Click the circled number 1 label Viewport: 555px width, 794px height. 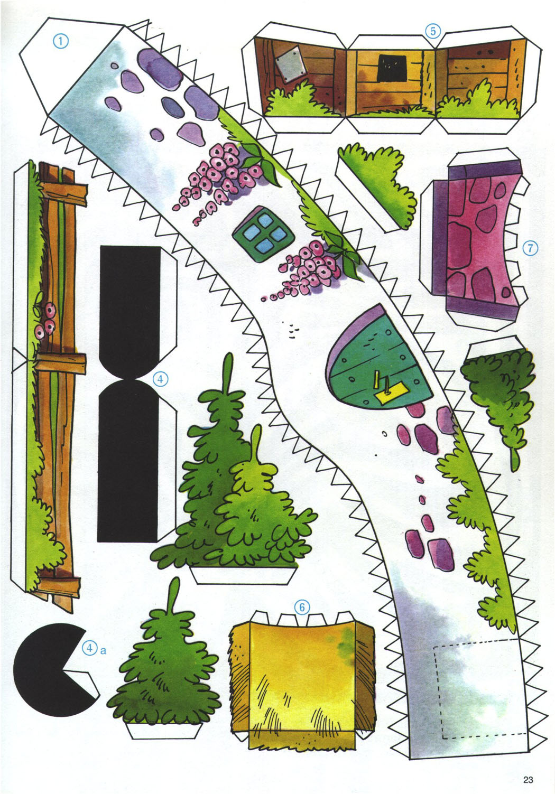click(x=61, y=41)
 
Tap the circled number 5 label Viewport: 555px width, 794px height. click(x=433, y=31)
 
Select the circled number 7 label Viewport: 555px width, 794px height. click(x=530, y=248)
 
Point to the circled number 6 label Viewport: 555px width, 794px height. click(x=302, y=608)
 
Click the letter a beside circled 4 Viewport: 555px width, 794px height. click(x=103, y=650)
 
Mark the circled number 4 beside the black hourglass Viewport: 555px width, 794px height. click(x=160, y=379)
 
